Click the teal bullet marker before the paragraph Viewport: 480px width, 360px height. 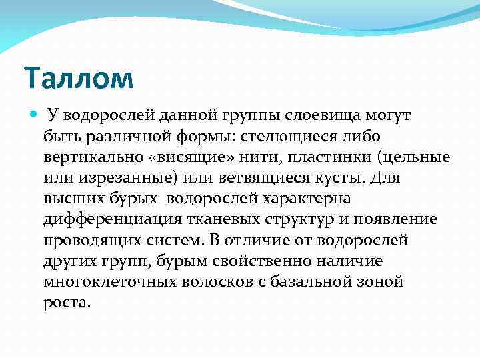(34, 115)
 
